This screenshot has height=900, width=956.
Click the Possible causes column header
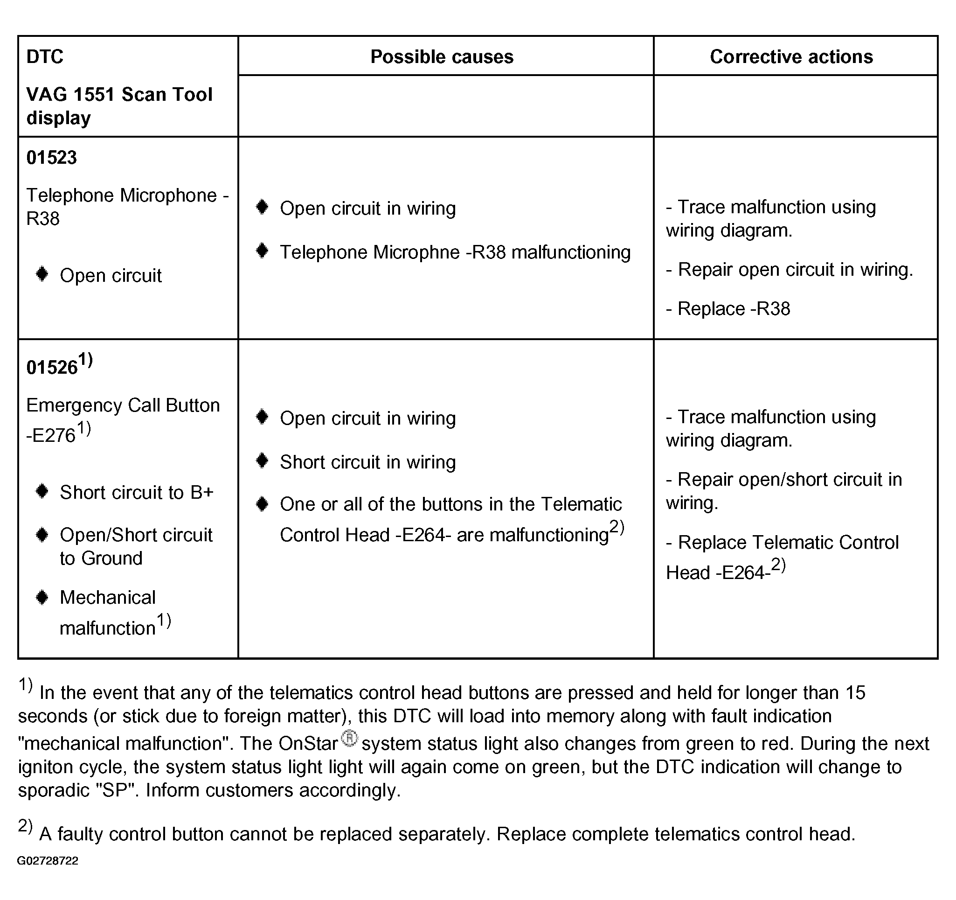pos(442,57)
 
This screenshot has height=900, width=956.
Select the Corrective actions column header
pos(791,57)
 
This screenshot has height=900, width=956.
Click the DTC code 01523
pos(51,158)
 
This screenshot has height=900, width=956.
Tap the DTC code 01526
pos(52,368)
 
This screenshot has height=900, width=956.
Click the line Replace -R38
pos(728,309)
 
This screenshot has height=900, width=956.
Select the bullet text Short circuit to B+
pos(137,493)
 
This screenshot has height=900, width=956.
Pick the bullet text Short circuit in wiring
pos(367,462)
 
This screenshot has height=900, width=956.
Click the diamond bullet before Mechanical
pos(42,598)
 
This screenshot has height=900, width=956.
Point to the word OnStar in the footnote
pos(308,744)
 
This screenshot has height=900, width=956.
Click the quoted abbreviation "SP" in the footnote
pos(114,790)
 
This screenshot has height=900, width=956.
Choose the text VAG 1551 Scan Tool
pos(119,95)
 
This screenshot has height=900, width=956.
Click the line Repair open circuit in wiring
pos(789,270)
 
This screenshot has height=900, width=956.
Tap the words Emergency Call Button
pos(123,405)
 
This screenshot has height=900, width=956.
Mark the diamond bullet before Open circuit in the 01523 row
pos(42,275)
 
